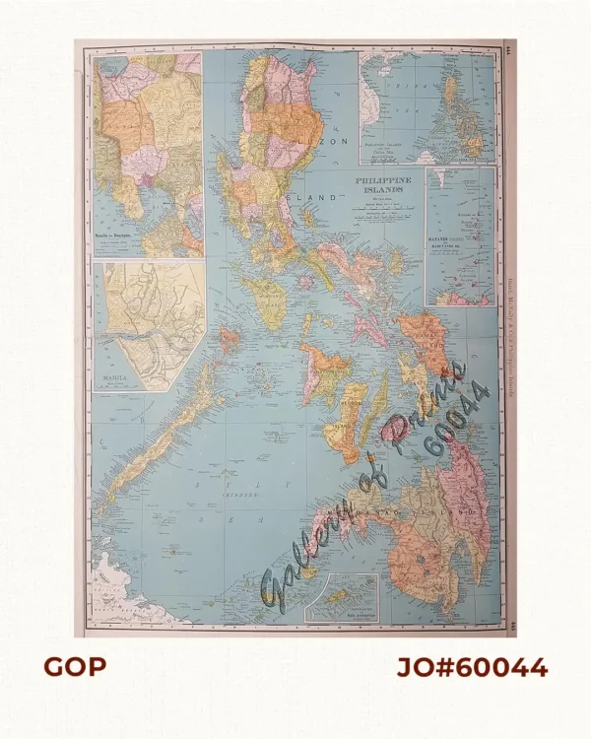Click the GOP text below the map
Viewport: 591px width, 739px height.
[x=75, y=667]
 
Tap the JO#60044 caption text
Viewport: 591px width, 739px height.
[x=472, y=667]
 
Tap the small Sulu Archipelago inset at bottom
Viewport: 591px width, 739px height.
[x=341, y=597]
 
